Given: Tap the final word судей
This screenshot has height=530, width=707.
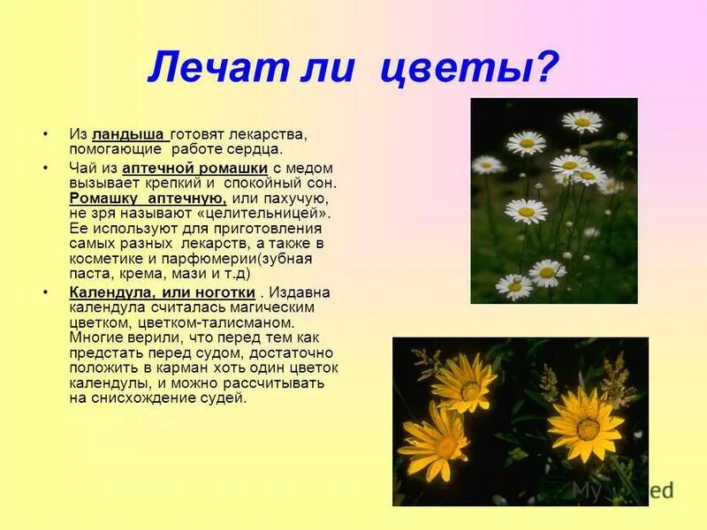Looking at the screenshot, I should pos(224,398).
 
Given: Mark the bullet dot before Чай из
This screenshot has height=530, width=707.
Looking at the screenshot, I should pos(45,168).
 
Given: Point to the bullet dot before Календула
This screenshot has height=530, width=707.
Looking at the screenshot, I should pos(45,292).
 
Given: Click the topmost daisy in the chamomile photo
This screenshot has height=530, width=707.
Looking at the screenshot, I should pos(581,121).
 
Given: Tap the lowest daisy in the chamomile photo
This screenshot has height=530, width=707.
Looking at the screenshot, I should pos(514,285).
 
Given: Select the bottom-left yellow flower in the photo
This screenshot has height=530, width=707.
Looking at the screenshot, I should pos(435,442).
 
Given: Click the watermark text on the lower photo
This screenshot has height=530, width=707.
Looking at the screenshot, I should pos(622,489).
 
